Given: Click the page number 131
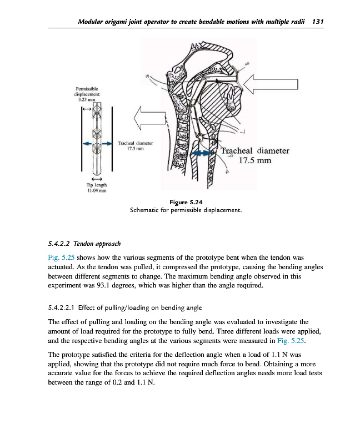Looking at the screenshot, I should pyautogui.click(x=318, y=21).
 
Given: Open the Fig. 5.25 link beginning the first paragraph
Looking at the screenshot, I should pyautogui.click(x=62, y=258).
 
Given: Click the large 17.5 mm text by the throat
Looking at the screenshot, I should pyautogui.click(x=255, y=161).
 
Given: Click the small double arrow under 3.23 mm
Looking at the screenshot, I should pyautogui.click(x=87, y=109).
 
